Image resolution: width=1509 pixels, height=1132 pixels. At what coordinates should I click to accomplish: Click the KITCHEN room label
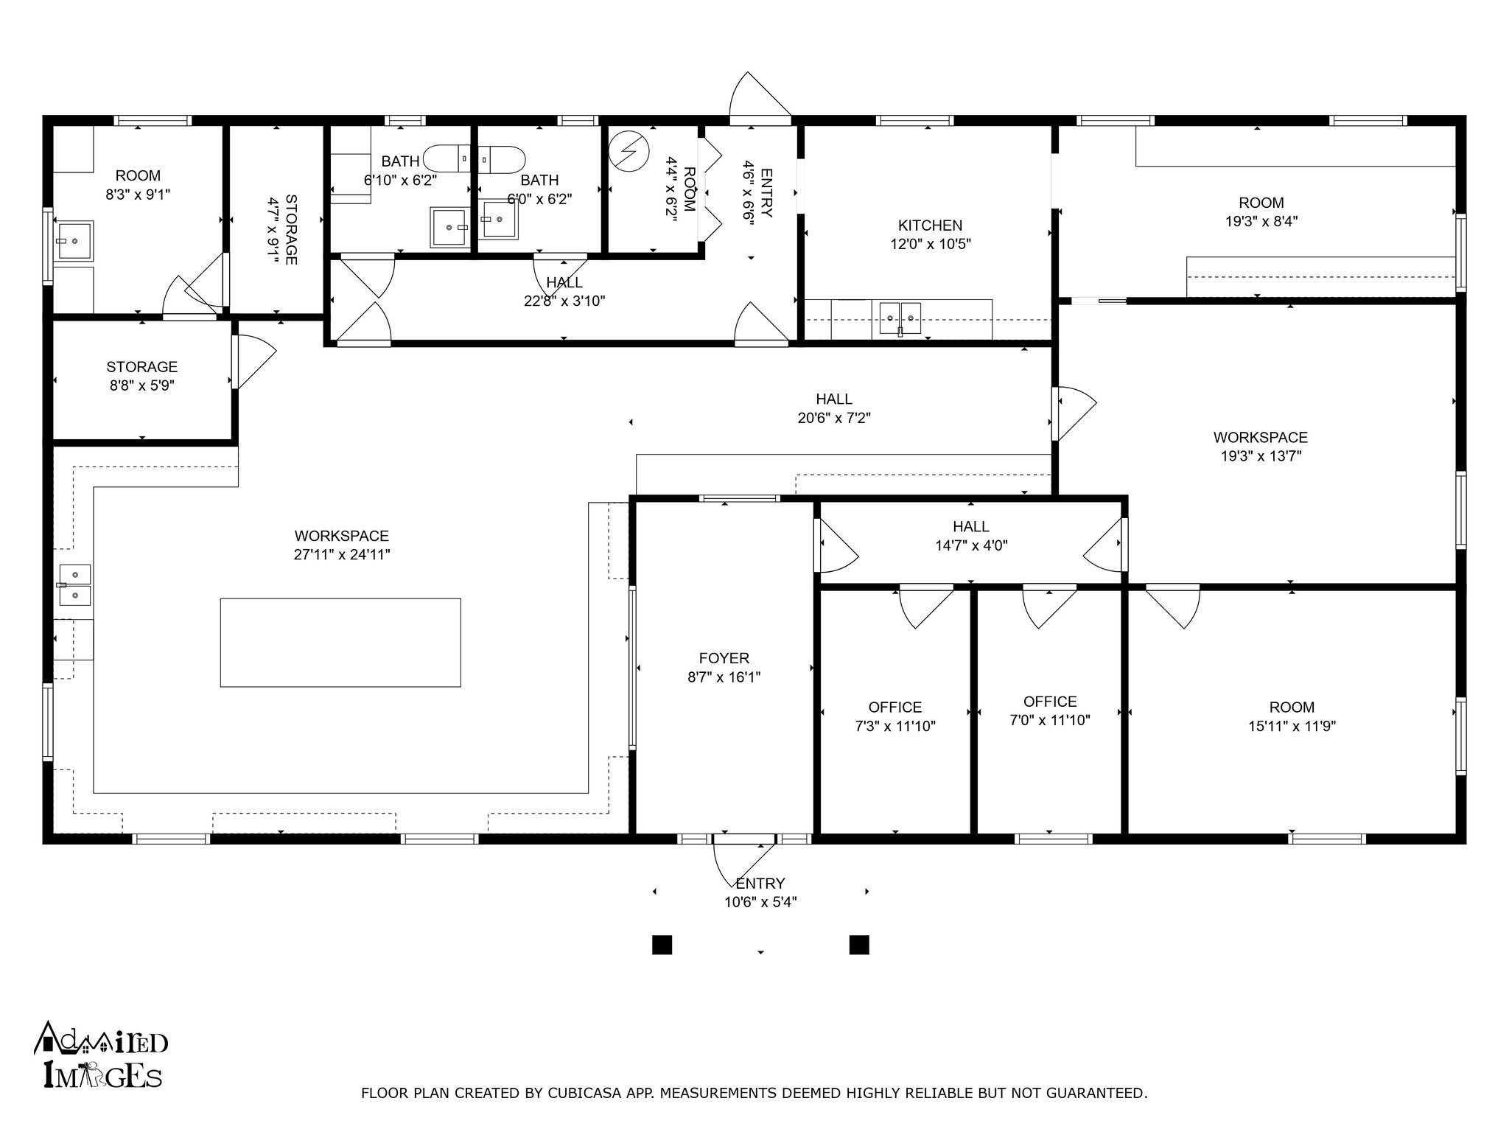[930, 226]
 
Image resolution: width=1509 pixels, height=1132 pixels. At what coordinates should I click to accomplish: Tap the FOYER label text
[724, 658]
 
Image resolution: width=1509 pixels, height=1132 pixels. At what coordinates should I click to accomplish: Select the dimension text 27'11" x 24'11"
[342, 555]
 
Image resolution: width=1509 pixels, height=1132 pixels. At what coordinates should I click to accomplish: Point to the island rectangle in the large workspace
[340, 643]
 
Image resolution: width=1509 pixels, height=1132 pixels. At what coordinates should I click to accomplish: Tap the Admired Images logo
[101, 1055]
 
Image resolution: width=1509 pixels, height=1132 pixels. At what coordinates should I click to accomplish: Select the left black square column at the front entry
[662, 945]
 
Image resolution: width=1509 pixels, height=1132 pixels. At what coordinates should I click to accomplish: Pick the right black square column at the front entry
[859, 945]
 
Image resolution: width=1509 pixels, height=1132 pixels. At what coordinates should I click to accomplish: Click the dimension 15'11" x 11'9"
[1292, 726]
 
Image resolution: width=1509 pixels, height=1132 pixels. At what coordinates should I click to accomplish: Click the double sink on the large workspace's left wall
[74, 585]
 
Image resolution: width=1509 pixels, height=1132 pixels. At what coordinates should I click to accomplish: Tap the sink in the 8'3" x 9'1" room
[74, 240]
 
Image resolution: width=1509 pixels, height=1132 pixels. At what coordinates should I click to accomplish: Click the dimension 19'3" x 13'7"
[1261, 456]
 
